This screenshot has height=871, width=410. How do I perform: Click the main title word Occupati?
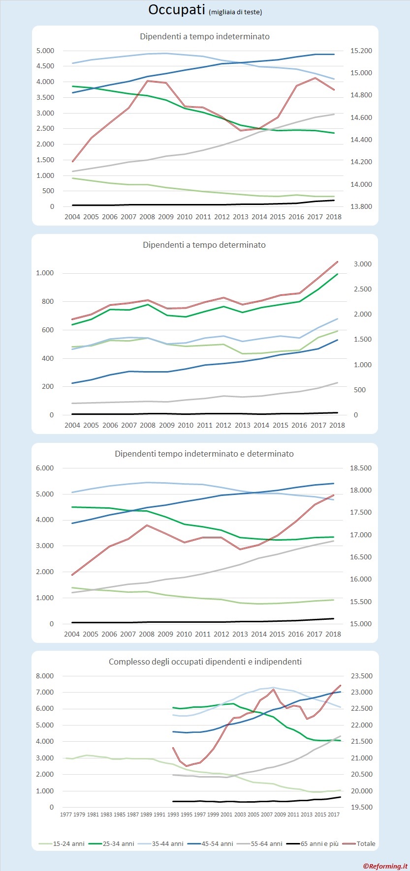176,10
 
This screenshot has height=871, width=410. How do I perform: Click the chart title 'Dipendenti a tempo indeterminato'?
205,36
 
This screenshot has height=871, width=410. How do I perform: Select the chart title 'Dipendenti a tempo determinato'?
204,245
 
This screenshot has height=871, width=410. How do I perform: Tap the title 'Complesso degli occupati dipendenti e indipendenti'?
205,662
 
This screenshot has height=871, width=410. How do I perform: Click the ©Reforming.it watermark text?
385,866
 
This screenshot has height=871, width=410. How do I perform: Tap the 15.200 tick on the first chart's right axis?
361,51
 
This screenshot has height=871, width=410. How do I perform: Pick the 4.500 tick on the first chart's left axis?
45,66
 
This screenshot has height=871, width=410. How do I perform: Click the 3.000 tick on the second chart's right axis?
363,264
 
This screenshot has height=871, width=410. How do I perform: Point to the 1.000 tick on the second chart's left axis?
45,273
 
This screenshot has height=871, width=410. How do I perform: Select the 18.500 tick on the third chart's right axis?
361,468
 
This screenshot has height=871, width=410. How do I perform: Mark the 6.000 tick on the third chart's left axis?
45,468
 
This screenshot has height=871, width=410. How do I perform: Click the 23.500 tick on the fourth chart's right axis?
361,676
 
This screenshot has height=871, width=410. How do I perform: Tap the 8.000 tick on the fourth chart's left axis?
45,676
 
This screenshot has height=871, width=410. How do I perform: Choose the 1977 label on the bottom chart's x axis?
66,814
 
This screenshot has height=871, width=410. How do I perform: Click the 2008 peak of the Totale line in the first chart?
148,81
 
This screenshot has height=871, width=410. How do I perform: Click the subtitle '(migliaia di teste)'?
235,12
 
